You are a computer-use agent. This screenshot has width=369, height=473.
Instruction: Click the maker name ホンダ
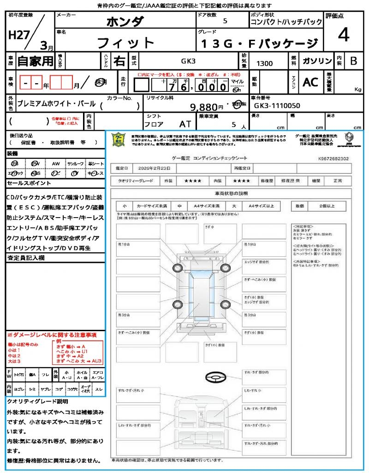[x=125, y=21]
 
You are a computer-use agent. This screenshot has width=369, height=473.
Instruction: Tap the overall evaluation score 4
[x=343, y=35]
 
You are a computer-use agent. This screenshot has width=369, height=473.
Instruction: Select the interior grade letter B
[x=353, y=61]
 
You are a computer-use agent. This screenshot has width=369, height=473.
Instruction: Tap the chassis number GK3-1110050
[x=277, y=106]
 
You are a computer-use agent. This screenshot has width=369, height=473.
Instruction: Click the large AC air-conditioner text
[x=310, y=82]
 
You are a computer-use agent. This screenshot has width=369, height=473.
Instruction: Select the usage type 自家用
[x=35, y=61]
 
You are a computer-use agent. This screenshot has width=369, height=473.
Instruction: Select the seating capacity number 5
[x=233, y=124]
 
